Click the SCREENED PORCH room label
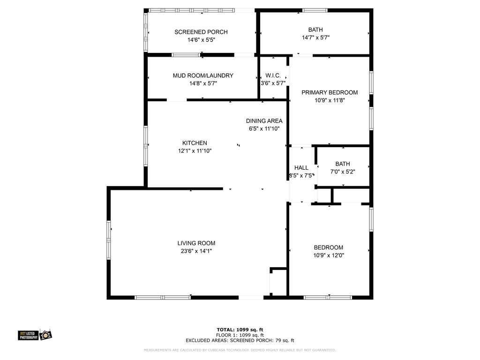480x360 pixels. (x=201, y=32)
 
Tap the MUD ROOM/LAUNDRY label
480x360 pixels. (x=203, y=75)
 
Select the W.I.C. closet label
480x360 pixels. (x=273, y=75)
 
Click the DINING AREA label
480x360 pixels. (x=265, y=120)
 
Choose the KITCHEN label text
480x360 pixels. (x=195, y=143)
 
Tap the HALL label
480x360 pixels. (x=301, y=167)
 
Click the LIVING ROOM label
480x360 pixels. (x=196, y=243)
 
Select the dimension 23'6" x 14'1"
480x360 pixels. (x=196, y=251)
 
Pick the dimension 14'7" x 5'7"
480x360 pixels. (x=315, y=37)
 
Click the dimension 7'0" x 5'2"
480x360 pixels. (x=343, y=172)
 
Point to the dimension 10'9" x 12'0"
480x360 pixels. (x=329, y=255)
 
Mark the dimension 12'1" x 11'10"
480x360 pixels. (x=195, y=151)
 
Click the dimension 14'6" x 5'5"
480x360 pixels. (x=201, y=40)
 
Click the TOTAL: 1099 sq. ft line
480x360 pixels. (x=240, y=330)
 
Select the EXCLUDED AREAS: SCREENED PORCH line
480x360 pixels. (x=240, y=340)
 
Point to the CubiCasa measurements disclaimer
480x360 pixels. (x=240, y=350)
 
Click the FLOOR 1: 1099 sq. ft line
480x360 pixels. (x=240, y=335)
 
